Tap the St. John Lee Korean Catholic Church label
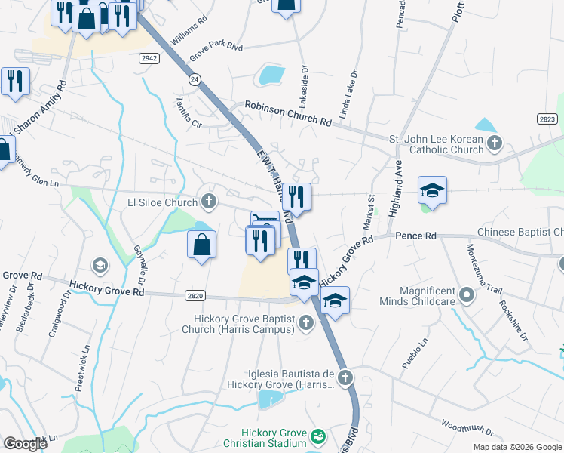coord(436,143)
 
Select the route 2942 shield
coord(149,57)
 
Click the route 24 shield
coord(195,79)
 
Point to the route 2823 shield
coord(547,119)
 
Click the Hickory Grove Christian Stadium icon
coord(318,436)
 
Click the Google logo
coord(25,444)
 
